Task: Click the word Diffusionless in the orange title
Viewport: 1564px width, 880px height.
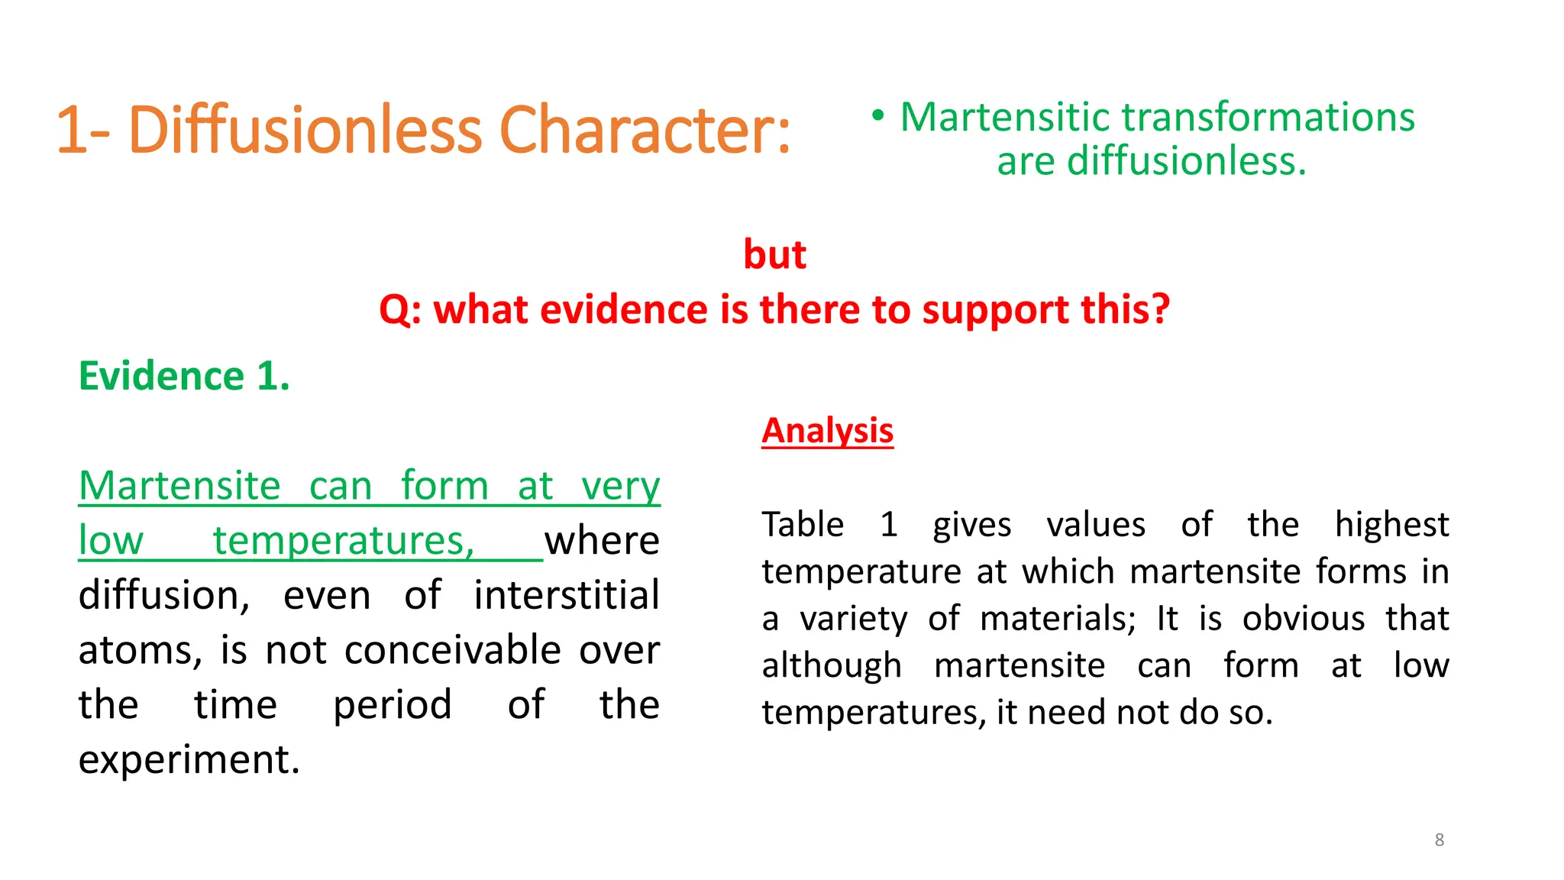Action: coord(305,130)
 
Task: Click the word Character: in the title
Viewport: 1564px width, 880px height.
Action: coord(645,130)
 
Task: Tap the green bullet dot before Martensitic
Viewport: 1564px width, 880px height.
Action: coord(878,116)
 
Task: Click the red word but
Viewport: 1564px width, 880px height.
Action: coord(774,254)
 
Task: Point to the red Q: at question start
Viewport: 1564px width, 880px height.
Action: coord(400,310)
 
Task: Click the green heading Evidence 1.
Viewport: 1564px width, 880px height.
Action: coord(184,376)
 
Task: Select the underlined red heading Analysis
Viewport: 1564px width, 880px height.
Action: coord(827,431)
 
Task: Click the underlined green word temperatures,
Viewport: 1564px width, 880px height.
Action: coord(344,541)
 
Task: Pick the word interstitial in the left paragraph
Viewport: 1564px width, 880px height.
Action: coord(566,596)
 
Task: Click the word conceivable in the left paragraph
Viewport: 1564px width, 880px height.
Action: coord(453,650)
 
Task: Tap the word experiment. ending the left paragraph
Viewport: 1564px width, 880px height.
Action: coord(189,760)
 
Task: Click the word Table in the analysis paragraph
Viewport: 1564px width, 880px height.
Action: coord(803,525)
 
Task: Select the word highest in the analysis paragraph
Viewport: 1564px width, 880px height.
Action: coord(1391,525)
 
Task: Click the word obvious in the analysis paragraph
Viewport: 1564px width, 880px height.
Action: coord(1303,619)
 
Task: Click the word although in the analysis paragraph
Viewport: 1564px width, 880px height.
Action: coord(832,665)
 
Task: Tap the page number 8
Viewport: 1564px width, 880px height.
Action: coord(1439,840)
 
